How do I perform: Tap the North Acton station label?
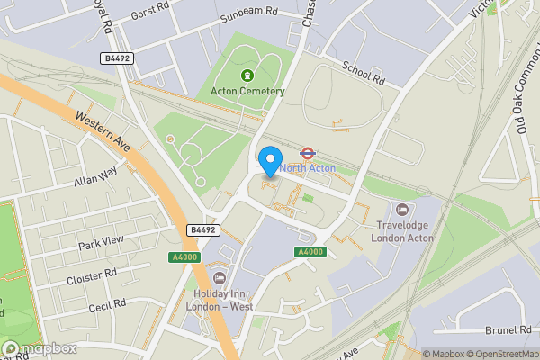308,168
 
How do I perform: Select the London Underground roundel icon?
307,153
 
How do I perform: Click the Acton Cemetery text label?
247,91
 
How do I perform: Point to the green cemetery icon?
247,76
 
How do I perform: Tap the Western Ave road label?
103,131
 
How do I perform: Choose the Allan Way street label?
96,176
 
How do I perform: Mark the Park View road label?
100,244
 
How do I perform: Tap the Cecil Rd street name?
105,307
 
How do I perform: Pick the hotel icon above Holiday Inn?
218,276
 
